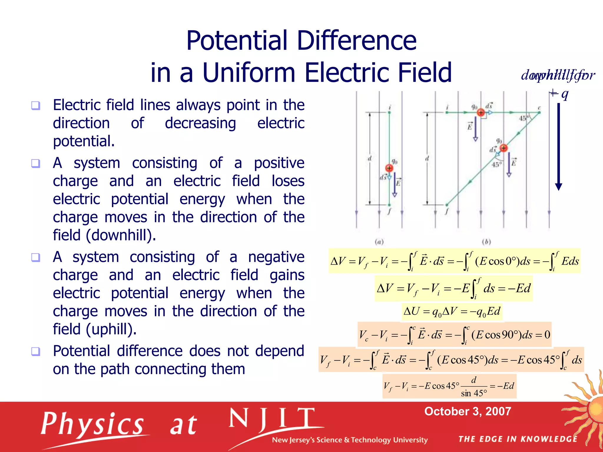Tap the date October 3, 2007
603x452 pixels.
coord(467,411)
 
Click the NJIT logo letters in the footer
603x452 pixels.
coord(271,419)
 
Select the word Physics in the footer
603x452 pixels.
coord(92,424)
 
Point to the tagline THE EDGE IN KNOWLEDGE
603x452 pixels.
coord(518,439)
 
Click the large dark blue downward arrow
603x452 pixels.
coord(558,147)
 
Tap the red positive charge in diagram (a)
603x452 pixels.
coord(389,168)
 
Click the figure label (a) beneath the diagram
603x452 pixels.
coord(379,242)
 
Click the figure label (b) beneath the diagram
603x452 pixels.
coord(486,242)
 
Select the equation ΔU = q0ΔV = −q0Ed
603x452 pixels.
coord(452,312)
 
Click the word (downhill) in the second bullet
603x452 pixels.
coord(121,235)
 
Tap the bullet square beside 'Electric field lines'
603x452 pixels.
coord(36,105)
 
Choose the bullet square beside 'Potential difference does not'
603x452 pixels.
coord(36,351)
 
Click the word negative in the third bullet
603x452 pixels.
coord(276,257)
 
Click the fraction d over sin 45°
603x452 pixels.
coord(474,387)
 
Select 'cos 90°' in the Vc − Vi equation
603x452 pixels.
coord(501,335)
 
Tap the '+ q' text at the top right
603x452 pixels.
coord(559,94)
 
